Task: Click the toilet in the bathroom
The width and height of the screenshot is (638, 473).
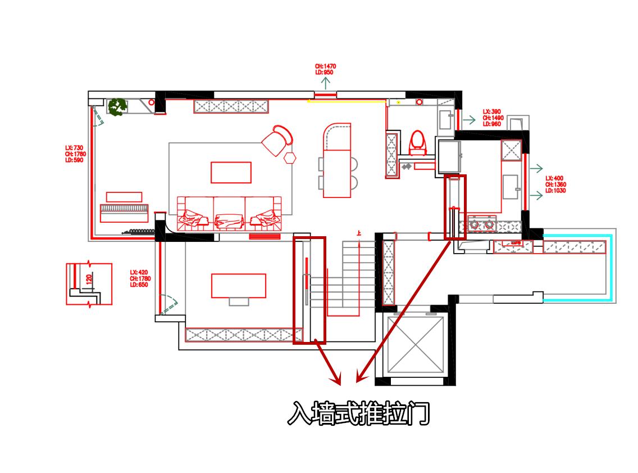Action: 417,142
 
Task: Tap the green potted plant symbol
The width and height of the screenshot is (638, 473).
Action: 117,106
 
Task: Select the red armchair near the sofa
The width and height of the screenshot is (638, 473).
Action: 277,140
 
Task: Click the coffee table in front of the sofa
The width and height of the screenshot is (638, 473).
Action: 231,172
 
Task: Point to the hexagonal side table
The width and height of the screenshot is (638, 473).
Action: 290,157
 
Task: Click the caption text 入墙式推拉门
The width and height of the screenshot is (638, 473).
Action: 358,413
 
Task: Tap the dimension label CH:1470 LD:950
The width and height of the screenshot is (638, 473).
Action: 325,69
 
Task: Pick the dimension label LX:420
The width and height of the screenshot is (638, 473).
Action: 140,278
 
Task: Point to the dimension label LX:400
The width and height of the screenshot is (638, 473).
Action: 555,184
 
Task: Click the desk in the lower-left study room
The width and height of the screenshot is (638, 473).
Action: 238,286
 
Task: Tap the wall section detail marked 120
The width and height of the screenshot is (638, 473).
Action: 89,283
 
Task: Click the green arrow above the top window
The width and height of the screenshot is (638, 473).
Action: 326,84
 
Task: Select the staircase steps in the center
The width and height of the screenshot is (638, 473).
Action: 343,281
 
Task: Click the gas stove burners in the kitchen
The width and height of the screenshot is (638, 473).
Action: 482,224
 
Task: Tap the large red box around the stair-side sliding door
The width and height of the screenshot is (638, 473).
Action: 309,290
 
